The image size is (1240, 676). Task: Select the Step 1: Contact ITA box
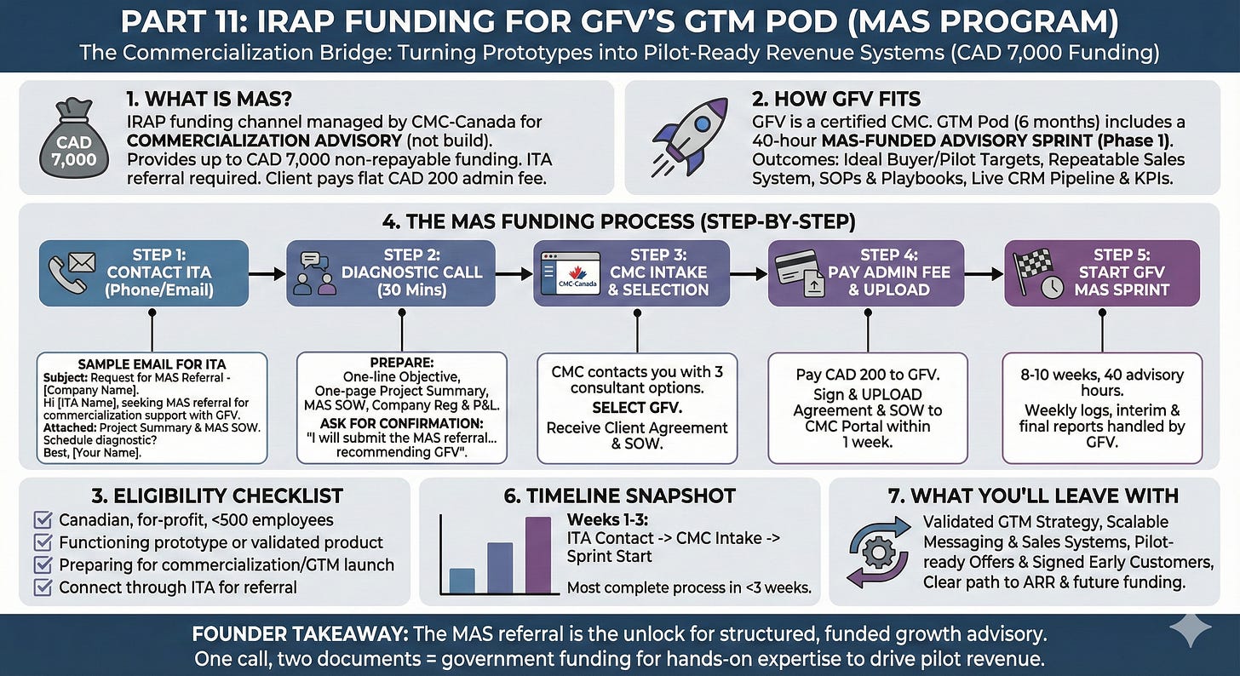click(144, 273)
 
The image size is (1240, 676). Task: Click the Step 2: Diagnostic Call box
click(390, 273)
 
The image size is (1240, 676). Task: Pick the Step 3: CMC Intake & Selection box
click(631, 273)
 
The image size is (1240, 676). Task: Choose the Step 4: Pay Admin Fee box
click(865, 273)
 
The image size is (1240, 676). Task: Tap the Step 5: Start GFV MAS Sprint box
click(1101, 273)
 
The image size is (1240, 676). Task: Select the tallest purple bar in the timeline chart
click(538, 554)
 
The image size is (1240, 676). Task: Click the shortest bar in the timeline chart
click(461, 580)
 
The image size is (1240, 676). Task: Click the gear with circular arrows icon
click(876, 553)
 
